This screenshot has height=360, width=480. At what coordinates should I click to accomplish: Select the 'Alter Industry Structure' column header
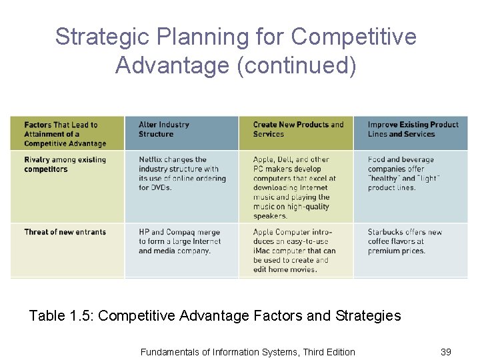click(164, 129)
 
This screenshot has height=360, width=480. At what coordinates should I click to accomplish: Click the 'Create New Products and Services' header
click(298, 129)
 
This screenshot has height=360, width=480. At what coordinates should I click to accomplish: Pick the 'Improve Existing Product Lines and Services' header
click(413, 129)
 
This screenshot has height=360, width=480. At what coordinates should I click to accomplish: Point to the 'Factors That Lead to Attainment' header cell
click(65, 134)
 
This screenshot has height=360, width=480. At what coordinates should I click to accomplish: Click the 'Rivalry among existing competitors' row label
click(65, 165)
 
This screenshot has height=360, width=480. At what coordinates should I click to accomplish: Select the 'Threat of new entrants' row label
click(65, 232)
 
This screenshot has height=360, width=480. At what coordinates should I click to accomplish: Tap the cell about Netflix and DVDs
click(182, 173)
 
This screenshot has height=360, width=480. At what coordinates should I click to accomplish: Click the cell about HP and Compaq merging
click(179, 241)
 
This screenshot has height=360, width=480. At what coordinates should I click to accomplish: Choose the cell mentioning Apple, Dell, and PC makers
click(295, 187)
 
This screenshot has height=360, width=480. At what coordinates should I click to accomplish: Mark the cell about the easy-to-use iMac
click(294, 251)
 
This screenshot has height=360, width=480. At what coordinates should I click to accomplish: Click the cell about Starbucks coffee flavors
click(405, 241)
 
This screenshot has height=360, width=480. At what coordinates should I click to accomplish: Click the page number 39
click(446, 351)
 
